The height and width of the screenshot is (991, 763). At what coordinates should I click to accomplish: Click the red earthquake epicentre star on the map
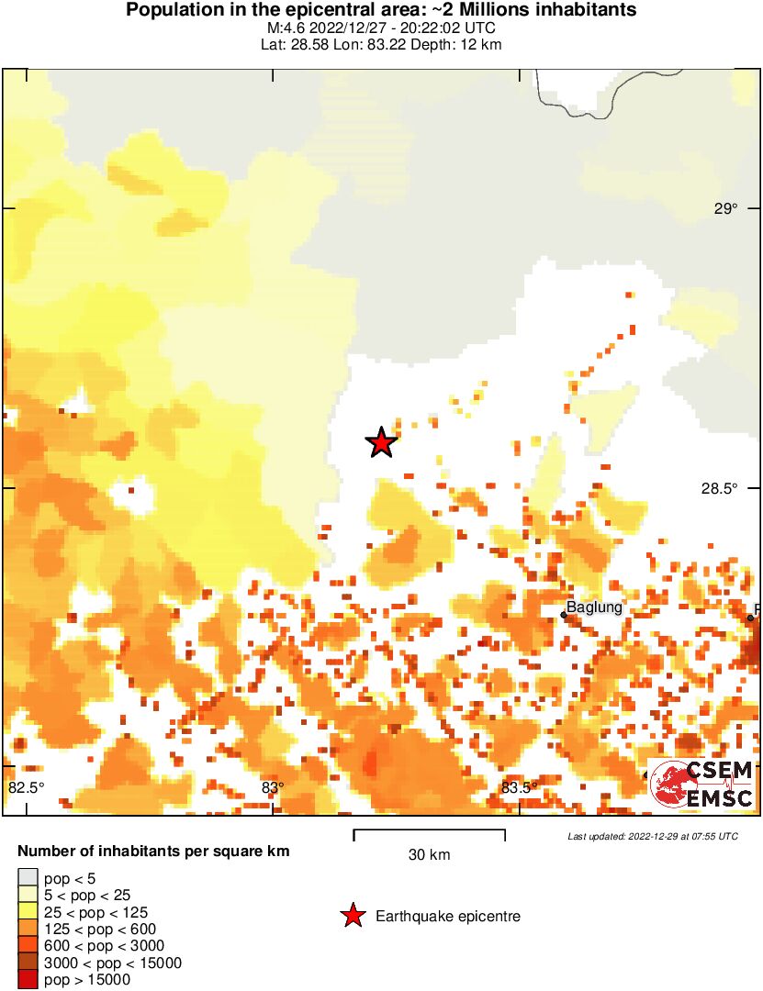coord(381,442)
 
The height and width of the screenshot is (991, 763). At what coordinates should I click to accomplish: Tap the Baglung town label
coord(594,607)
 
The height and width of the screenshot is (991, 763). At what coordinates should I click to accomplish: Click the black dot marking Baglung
coord(564,616)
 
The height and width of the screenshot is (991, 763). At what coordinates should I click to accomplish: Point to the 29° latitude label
coord(725,208)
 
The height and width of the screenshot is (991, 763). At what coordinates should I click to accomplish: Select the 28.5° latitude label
coord(720,489)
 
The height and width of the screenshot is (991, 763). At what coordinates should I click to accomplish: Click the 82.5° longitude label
coord(27,787)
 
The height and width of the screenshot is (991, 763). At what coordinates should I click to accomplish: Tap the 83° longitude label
coord(272,787)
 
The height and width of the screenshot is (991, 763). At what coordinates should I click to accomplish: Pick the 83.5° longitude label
coord(519,787)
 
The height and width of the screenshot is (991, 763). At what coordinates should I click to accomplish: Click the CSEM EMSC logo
coord(702,784)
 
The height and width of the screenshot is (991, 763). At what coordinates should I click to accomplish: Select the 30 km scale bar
coord(429,835)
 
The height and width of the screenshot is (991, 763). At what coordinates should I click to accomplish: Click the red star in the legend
coord(352,916)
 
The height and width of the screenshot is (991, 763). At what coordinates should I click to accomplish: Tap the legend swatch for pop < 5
coord(28,879)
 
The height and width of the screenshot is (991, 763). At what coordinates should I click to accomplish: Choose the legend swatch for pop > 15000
coord(28,979)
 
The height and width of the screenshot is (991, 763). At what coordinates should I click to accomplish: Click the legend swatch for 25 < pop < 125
coord(28,912)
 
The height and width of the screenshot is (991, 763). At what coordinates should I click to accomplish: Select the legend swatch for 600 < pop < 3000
coord(28,946)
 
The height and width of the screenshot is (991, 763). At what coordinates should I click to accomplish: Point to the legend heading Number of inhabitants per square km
coord(153,852)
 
